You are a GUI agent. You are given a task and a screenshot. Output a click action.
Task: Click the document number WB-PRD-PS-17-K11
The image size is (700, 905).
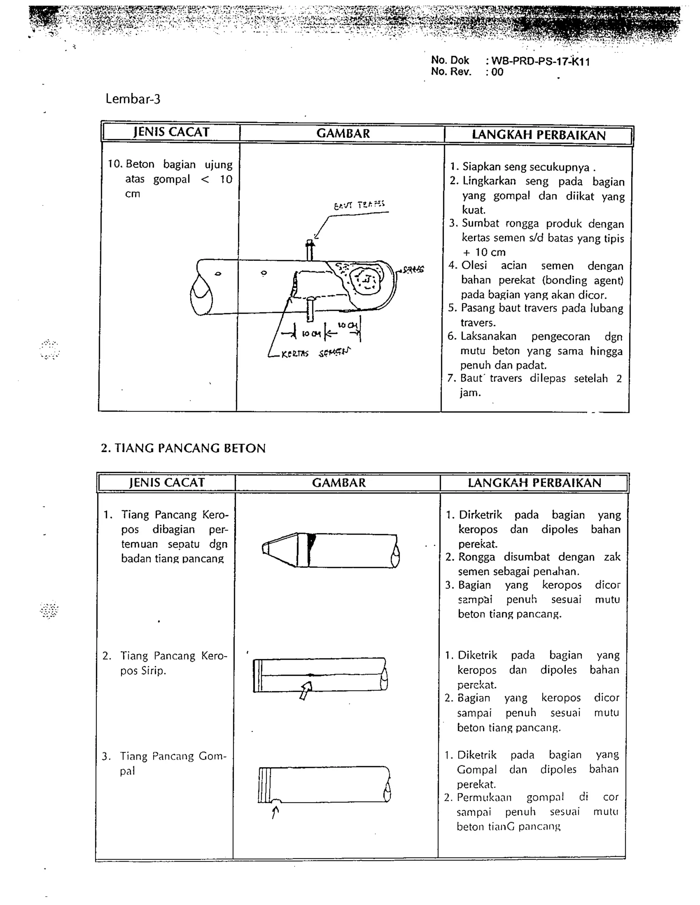(x=540, y=62)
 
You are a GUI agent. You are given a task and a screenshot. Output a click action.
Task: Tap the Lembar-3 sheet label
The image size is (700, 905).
(x=133, y=99)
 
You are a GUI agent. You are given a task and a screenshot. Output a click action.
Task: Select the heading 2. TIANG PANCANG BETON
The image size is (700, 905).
(x=183, y=448)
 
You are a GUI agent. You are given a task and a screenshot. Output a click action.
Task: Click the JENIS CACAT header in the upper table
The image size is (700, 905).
(x=171, y=132)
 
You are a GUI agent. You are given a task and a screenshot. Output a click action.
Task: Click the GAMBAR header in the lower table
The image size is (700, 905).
(x=338, y=483)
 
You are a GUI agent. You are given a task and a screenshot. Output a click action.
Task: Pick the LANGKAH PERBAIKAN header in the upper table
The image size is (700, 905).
(x=538, y=135)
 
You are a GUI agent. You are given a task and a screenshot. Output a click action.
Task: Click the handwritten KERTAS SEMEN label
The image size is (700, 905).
(x=315, y=353)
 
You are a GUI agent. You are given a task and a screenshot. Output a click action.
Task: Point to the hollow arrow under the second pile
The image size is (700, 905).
(x=306, y=690)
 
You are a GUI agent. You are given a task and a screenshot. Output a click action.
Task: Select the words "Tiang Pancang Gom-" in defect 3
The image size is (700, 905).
(x=173, y=756)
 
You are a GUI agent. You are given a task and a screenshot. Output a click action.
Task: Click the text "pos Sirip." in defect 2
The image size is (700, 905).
(x=143, y=670)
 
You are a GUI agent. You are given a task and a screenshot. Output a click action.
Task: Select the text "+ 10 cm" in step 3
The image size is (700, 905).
(x=484, y=252)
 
